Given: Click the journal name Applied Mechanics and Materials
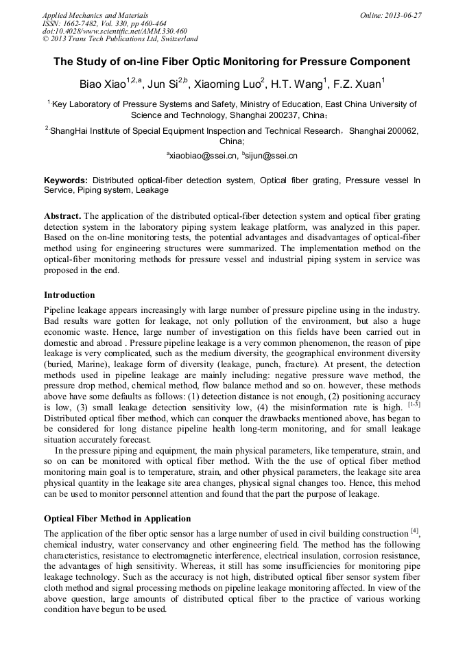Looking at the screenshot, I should coord(95,15).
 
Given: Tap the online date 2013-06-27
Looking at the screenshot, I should coord(403,15).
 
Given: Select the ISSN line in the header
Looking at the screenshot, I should coord(104,23).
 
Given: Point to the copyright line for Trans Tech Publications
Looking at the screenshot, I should coord(120,39).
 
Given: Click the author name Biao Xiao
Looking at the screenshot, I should coord(103,84).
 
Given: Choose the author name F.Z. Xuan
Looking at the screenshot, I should coord(359,84).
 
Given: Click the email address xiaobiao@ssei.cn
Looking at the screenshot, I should coord(204,156).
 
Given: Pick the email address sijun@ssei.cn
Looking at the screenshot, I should coord(270,156).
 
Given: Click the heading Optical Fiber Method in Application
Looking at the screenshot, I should coord(117,518).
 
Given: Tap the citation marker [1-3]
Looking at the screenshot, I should coord(414,405).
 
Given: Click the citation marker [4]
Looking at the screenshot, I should coord(414,530).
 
